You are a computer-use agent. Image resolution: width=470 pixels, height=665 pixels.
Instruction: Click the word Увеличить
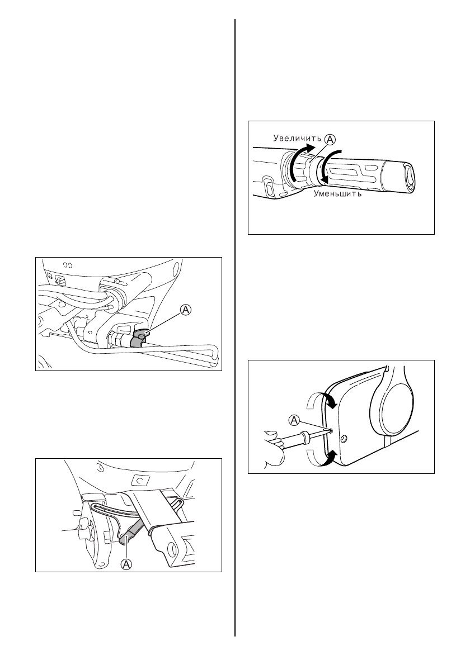click(297, 137)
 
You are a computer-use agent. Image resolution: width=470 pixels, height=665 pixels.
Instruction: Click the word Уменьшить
click(337, 194)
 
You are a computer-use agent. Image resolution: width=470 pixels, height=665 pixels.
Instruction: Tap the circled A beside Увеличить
click(330, 139)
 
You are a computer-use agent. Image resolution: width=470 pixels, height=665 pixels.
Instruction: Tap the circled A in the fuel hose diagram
click(186, 311)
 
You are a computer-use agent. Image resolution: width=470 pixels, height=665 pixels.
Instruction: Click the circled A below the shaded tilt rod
click(126, 564)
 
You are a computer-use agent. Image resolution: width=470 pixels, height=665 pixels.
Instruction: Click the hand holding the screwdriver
click(274, 448)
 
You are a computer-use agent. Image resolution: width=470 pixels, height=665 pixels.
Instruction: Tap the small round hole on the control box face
click(344, 437)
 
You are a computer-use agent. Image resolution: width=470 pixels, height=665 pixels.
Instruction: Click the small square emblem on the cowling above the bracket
click(139, 479)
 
